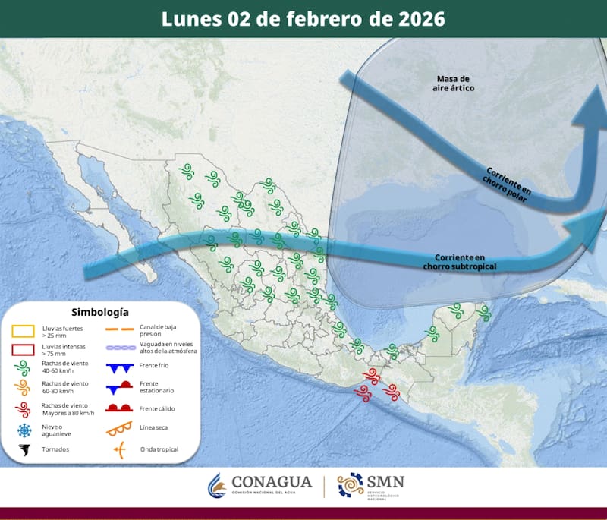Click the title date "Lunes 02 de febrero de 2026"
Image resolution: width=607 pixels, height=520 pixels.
[x=303, y=18]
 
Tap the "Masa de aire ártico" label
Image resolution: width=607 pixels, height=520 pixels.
[x=454, y=84]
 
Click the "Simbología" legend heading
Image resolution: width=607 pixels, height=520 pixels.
[x=99, y=311]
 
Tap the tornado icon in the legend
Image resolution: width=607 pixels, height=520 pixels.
[x=24, y=450]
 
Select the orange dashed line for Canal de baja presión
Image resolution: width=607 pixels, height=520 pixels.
[x=120, y=330]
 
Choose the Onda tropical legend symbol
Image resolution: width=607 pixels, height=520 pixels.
[x=120, y=449]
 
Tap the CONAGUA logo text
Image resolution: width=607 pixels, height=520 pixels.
[x=271, y=482]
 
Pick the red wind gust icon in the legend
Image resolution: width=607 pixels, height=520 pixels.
[x=24, y=409]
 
